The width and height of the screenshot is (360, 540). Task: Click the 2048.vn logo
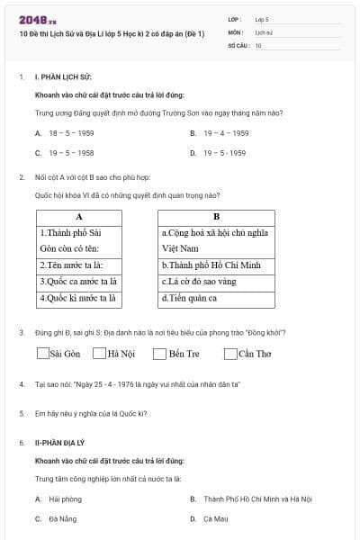37,19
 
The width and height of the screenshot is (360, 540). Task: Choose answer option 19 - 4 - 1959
226,133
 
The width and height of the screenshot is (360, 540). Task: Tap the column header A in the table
78,217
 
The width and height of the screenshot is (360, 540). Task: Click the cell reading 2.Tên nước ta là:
78,265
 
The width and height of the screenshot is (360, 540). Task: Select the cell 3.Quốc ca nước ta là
78,282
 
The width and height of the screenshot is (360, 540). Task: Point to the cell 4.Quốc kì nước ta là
78,298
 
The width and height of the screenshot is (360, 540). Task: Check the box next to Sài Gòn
43,354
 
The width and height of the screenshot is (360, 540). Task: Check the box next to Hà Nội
101,354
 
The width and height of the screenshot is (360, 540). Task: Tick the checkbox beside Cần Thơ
231,354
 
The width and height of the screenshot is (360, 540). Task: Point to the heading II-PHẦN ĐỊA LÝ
61,444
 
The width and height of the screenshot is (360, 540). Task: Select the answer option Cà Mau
215,519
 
